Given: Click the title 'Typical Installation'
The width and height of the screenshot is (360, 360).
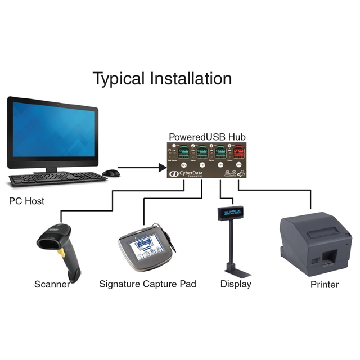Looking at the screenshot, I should point(162,78).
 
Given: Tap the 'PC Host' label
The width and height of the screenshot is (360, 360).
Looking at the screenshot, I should point(27,201).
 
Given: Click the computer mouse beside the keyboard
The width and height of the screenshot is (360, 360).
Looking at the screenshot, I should point(110,173).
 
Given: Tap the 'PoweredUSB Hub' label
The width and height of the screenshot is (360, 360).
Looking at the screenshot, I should point(207,137).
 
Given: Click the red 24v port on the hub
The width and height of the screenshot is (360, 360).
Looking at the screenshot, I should point(239,152).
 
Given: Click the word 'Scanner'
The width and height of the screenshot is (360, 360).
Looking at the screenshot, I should point(52,284).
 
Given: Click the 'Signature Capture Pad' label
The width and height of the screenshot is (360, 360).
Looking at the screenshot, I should point(147,284).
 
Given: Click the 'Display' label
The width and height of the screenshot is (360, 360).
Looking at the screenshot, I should point(236,284).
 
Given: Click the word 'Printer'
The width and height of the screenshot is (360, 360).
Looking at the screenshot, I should point(325,285).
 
